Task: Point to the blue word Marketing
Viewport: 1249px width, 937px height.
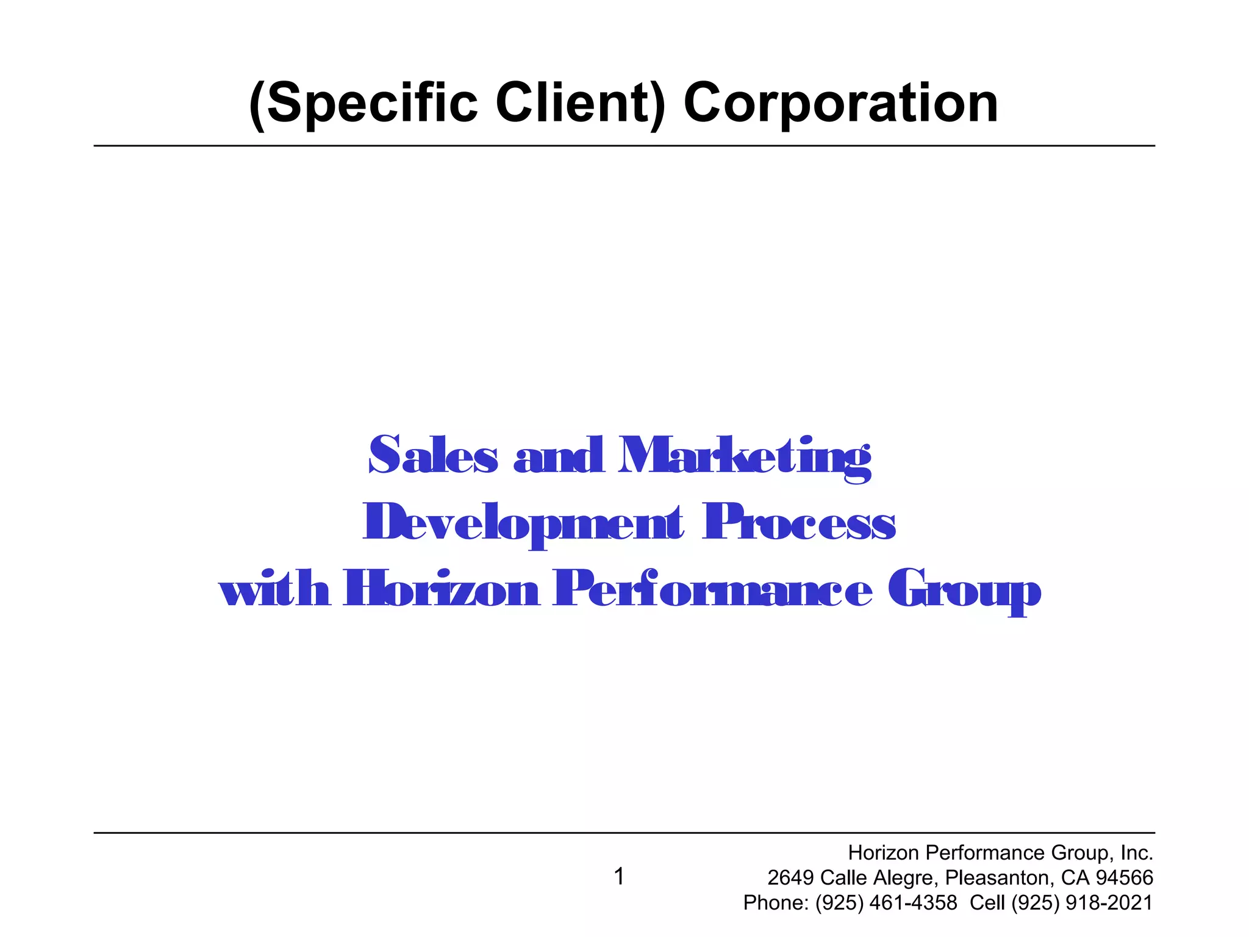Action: [744, 458]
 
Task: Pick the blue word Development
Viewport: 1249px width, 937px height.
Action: [523, 523]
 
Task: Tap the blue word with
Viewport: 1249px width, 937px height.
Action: [274, 589]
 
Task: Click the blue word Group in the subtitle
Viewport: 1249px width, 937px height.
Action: [964, 591]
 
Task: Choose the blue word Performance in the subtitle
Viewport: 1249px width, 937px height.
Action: [712, 589]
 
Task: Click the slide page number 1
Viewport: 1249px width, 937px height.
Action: [619, 877]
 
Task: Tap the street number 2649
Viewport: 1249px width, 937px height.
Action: [790, 878]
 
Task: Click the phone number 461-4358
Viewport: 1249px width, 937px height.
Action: [913, 903]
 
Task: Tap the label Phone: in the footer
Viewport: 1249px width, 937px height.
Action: [776, 903]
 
